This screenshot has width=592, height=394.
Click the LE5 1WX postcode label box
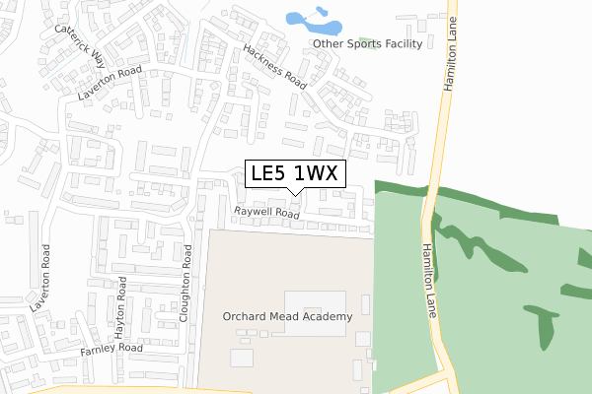295,173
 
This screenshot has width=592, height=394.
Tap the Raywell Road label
266,213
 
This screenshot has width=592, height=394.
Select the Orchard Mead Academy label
286,316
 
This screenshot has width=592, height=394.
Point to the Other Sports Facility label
367,43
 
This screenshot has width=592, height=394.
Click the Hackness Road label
275,66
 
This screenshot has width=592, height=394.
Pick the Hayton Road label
121,308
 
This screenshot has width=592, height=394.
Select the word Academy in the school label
328,316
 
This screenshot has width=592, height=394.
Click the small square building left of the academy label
242,357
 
